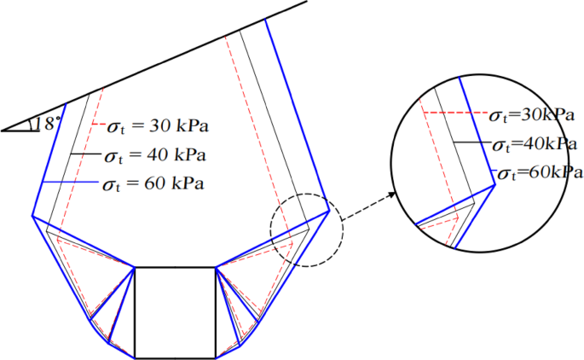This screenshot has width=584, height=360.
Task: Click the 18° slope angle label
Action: tap(49, 123)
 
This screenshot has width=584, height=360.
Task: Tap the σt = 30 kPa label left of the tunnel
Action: tap(159, 128)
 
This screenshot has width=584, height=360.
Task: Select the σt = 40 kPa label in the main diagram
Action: tap(154, 156)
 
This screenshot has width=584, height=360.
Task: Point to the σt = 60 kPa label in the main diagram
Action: tap(153, 184)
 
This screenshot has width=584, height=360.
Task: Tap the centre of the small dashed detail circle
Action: tap(306, 229)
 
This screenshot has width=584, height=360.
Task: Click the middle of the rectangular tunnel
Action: tap(176, 312)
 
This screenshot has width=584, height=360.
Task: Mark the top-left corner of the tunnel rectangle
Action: tap(136, 267)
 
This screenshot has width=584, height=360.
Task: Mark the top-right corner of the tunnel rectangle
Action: tap(216, 267)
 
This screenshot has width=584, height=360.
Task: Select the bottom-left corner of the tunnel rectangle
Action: tap(136, 358)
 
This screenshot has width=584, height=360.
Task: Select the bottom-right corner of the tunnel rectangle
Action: tap(216, 358)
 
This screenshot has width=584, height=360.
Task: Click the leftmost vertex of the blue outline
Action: tap(33, 216)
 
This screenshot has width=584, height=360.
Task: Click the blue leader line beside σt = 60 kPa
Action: tap(68, 183)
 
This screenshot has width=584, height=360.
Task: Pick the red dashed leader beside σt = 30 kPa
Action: tap(96, 125)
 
